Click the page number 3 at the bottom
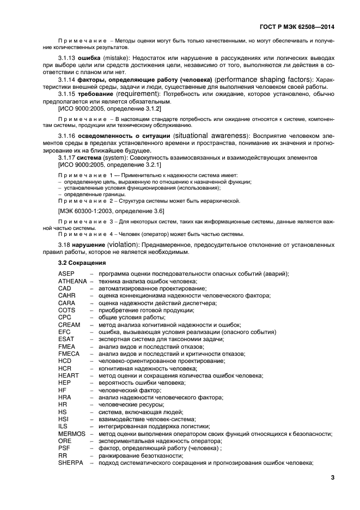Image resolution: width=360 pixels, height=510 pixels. pos(332,478)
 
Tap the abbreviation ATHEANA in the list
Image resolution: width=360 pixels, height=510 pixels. pos(72,281)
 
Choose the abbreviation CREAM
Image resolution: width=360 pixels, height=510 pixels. pos(69,324)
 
